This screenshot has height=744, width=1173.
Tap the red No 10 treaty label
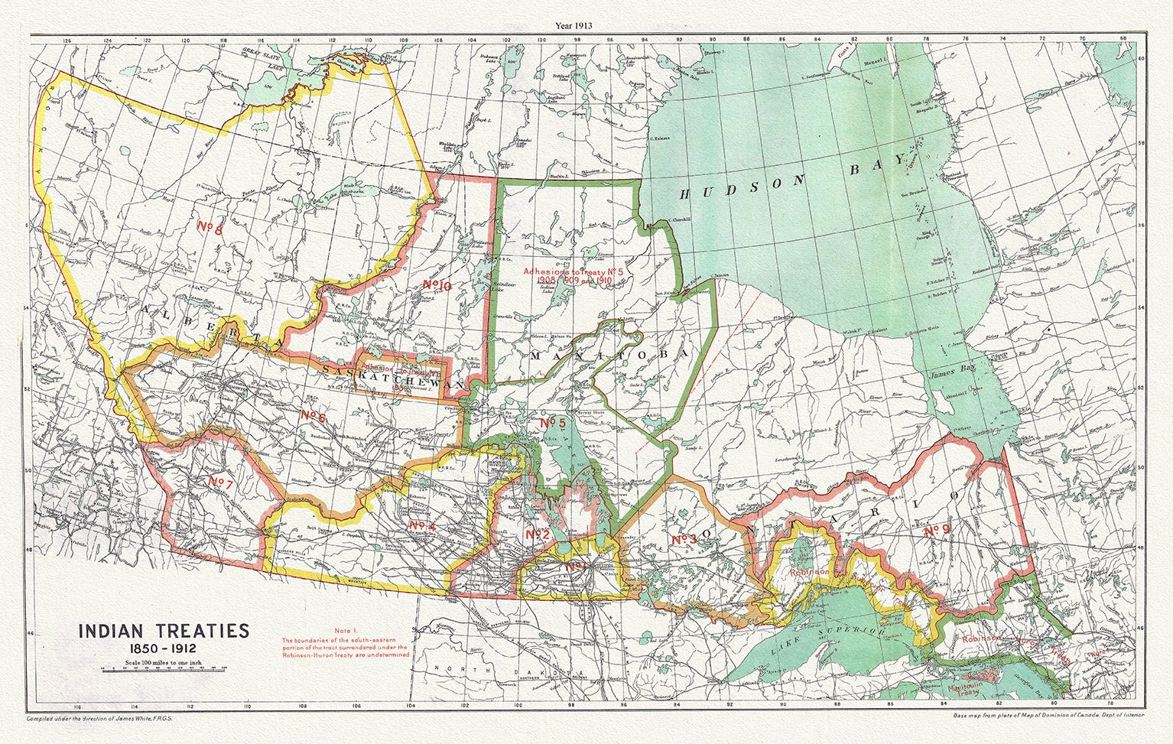coord(437,286)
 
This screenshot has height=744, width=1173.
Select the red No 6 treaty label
coord(314,416)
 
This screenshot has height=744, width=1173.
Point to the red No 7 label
coord(220,482)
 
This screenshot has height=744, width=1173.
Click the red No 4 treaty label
coord(422,525)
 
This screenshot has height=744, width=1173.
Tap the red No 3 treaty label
coord(684,540)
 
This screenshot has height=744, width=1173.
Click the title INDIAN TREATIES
coord(164,631)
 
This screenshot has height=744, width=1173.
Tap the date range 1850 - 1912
coord(164,648)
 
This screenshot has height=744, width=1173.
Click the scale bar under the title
coord(164,668)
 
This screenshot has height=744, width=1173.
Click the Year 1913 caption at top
coord(586,25)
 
